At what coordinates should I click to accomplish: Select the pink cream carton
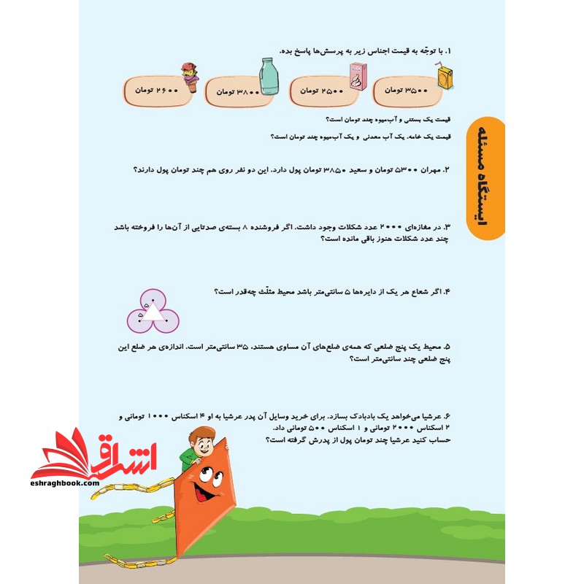click(357, 75)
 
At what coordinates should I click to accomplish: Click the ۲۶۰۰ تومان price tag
click(155, 89)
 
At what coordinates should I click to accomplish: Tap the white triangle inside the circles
click(153, 312)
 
